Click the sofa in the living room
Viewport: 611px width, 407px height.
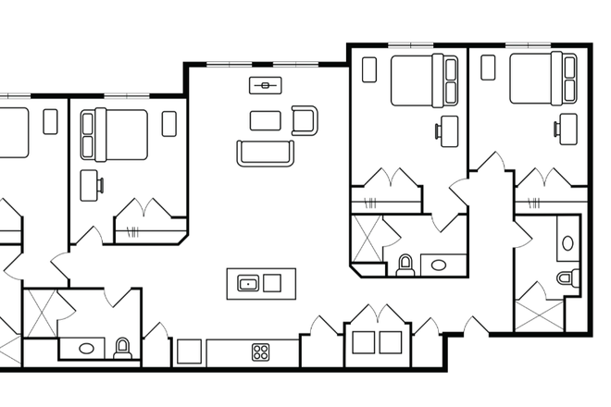coord(266,153)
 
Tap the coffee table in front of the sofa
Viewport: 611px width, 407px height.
coord(266,120)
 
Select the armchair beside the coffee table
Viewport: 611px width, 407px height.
coord(304,120)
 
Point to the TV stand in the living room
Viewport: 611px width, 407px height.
coord(266,86)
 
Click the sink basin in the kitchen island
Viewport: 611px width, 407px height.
coord(248,283)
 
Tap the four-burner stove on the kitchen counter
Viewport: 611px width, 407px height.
coord(261,352)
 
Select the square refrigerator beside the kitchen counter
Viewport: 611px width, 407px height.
coord(189,351)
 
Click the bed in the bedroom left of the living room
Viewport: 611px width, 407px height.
coord(115,134)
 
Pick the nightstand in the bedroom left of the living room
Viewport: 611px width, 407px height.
coord(168,123)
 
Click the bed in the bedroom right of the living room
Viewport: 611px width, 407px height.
coord(424,80)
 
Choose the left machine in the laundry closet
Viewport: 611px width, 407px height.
coord(364,342)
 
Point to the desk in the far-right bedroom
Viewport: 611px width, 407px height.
coord(568,129)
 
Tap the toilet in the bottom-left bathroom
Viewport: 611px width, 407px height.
coord(122,348)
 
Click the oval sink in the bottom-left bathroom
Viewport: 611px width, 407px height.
coord(86,349)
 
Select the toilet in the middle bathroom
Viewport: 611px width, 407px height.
coord(405,265)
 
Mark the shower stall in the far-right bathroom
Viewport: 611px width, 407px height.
coord(539,309)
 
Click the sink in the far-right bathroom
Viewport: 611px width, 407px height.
coord(567,241)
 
